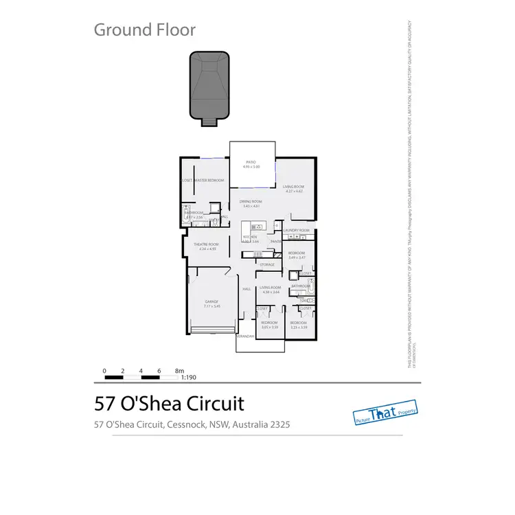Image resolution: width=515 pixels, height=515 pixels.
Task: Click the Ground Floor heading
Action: (144, 30)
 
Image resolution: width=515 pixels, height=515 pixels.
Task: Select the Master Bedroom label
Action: (210, 180)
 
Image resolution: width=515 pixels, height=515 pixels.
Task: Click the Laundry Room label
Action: (296, 231)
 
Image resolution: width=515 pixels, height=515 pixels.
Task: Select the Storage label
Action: (267, 264)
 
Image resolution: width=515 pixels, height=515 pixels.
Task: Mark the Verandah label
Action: (245, 336)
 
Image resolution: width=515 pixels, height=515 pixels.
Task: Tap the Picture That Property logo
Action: (385, 412)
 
